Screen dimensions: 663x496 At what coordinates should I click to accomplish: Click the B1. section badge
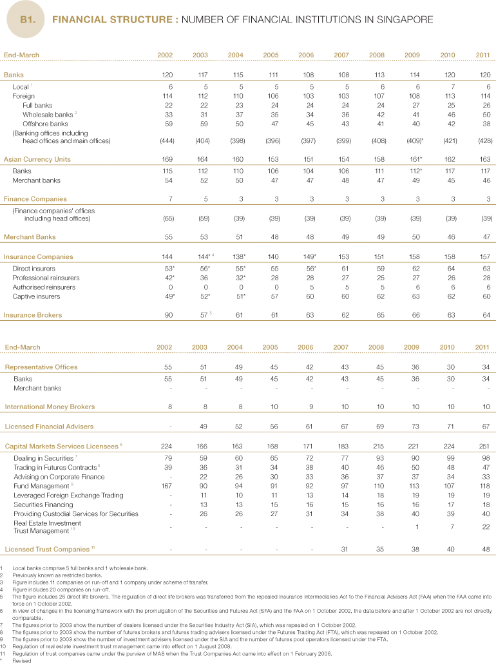click(x=28, y=19)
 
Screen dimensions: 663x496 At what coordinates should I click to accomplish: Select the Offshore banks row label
click(x=45, y=123)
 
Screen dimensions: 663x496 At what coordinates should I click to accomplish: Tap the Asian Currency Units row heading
click(x=37, y=159)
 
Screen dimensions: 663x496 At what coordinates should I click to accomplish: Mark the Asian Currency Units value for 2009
click(x=412, y=159)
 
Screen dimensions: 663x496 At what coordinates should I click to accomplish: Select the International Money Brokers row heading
click(x=50, y=407)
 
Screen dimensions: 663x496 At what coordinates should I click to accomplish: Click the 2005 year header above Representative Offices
click(x=270, y=347)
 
